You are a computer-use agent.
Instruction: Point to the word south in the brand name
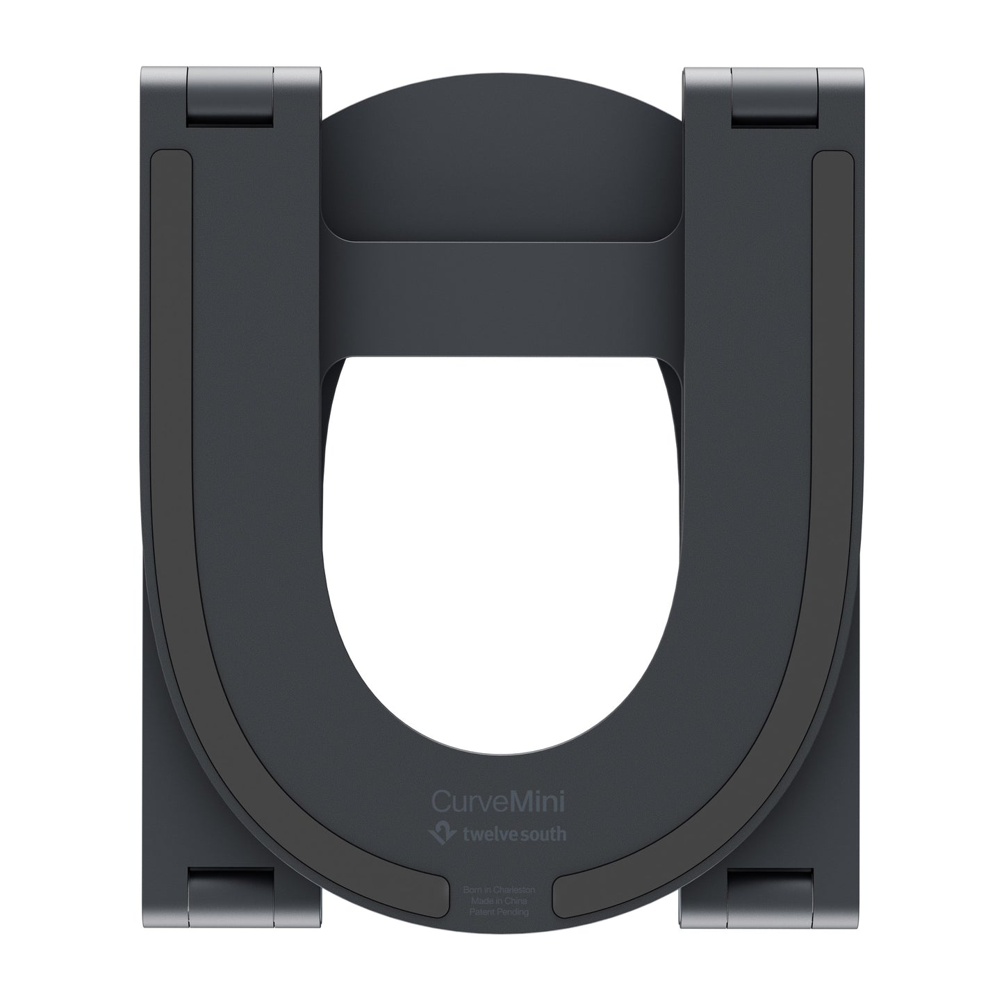(x=544, y=833)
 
